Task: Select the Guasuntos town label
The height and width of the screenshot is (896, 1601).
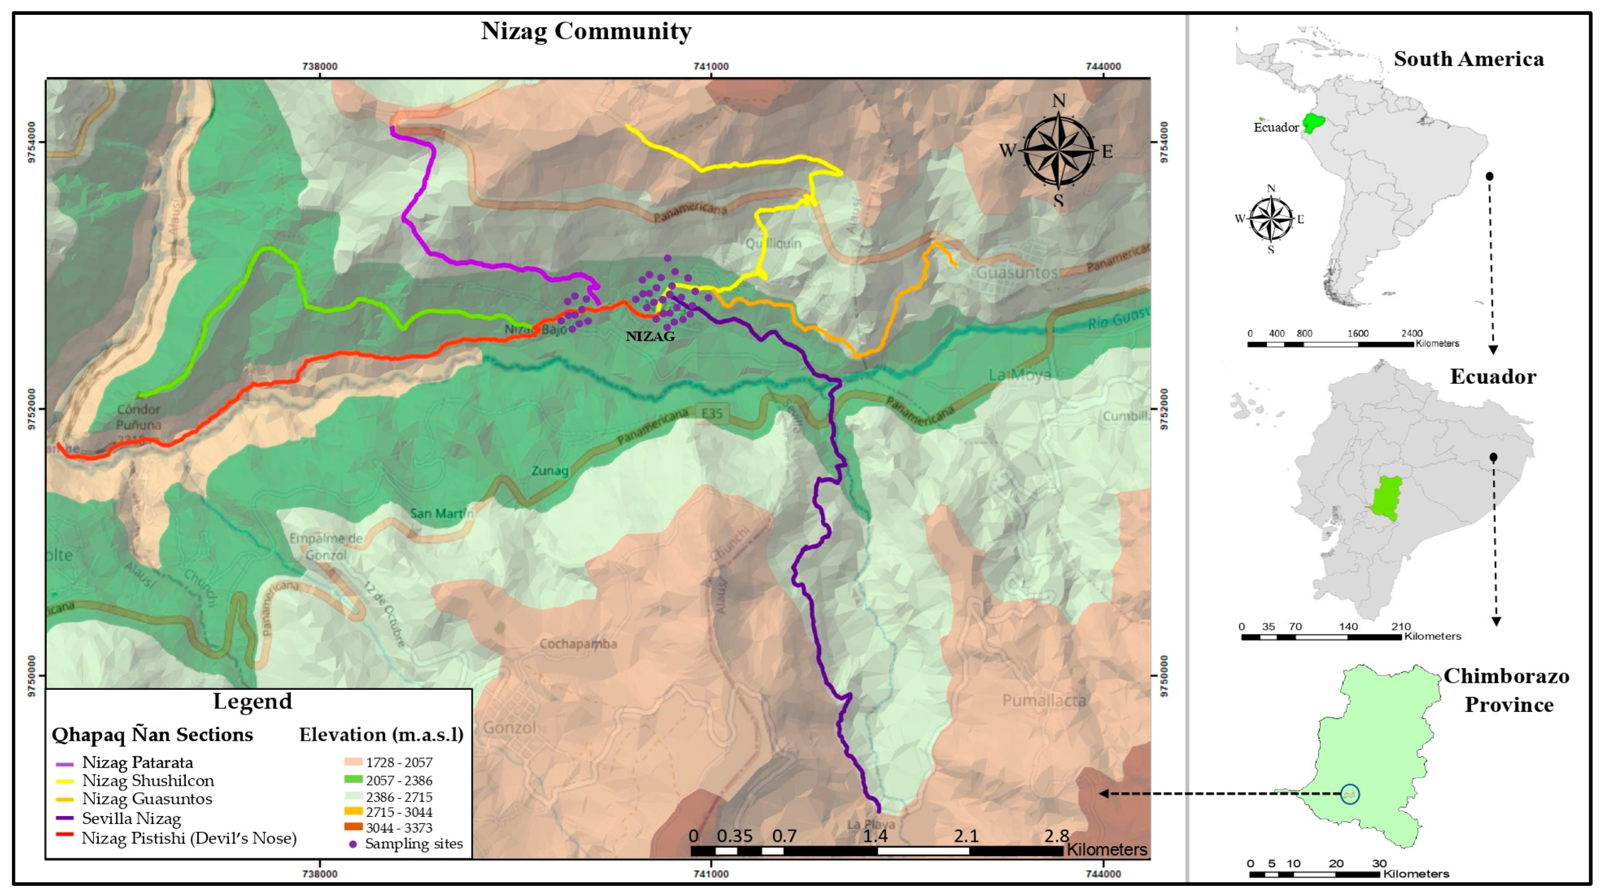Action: tap(1017, 272)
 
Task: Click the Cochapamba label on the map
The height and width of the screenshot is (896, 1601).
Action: tap(578, 644)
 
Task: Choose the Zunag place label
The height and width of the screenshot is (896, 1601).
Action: tap(550, 471)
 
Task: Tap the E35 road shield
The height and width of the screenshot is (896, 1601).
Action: tap(712, 414)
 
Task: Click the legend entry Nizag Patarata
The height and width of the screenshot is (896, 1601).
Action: tap(137, 762)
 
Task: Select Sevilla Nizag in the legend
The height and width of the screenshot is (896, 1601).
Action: tap(131, 818)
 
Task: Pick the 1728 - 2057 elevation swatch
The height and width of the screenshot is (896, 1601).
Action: tap(353, 761)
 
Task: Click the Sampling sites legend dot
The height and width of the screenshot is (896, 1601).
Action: tap(353, 844)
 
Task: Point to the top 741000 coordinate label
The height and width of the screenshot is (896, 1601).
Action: tap(711, 66)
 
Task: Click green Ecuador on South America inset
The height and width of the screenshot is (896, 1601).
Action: tap(1313, 122)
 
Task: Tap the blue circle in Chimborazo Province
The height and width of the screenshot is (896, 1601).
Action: tap(1349, 794)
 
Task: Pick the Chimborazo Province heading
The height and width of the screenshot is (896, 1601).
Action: tap(1506, 690)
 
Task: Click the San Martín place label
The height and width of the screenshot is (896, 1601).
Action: tap(441, 513)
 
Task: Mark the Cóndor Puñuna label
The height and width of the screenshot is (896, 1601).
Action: tap(138, 417)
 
